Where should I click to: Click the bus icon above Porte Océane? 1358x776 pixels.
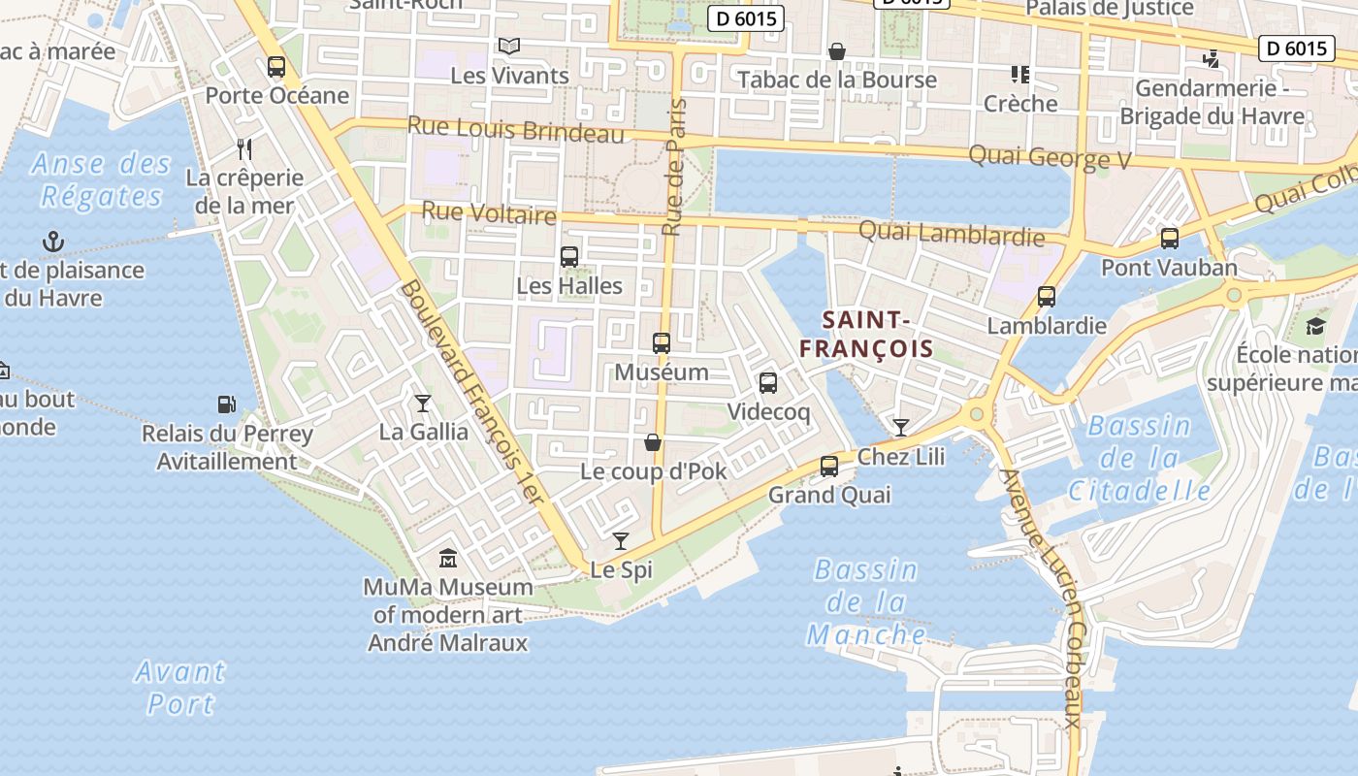click(x=276, y=67)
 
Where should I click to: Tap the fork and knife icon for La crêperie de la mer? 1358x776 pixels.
click(x=244, y=148)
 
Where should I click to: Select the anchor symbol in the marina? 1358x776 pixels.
click(x=52, y=241)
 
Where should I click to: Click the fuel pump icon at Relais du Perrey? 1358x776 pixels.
click(x=226, y=404)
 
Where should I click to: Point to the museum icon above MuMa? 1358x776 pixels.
click(x=448, y=558)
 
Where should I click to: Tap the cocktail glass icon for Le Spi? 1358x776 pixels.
click(x=621, y=540)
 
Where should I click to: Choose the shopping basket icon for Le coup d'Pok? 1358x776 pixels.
click(x=653, y=442)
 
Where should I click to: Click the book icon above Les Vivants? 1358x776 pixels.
click(x=509, y=46)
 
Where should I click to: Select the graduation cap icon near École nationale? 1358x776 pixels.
click(x=1315, y=326)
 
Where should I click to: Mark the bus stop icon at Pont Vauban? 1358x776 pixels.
click(x=1170, y=238)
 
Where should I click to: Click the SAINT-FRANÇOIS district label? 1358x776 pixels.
click(x=866, y=335)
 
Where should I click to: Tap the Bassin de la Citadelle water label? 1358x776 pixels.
click(x=1140, y=458)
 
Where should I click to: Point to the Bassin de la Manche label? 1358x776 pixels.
click(x=866, y=602)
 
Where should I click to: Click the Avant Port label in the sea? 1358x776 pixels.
click(x=180, y=687)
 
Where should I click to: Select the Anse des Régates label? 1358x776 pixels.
click(x=101, y=179)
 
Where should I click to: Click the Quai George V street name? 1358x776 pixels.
click(x=1050, y=157)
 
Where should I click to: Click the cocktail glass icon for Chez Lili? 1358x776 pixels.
click(x=901, y=427)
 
